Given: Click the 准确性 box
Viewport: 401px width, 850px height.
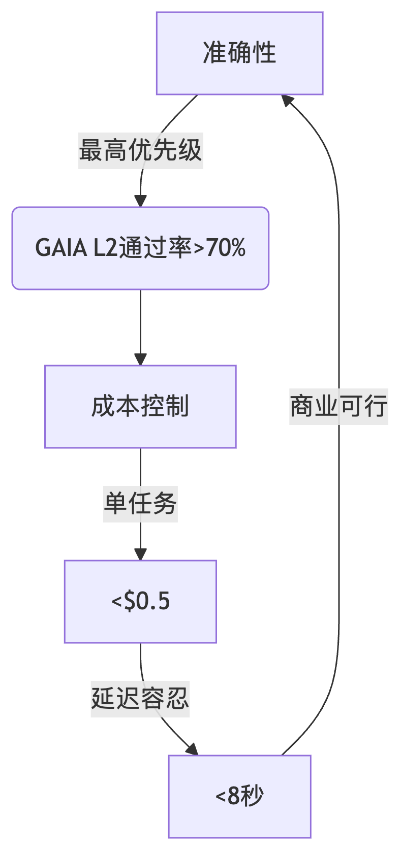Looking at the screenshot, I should [239, 53].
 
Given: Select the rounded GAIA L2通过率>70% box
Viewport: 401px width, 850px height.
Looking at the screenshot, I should [140, 248].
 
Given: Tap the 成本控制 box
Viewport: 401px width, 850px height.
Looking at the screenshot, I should [140, 407].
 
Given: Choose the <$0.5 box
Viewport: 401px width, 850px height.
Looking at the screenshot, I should [140, 602].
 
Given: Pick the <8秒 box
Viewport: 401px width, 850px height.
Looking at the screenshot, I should [239, 796].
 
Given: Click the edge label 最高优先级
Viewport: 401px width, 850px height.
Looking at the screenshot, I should [140, 151].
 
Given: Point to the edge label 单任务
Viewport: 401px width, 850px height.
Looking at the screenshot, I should [140, 504].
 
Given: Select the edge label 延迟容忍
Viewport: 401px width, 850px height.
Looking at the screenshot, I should [140, 699].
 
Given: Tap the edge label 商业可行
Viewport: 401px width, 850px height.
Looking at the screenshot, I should [338, 407].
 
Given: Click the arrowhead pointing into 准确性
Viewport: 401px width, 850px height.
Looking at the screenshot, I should [287, 100].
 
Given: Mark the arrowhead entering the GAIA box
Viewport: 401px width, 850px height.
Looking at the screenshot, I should [140, 201].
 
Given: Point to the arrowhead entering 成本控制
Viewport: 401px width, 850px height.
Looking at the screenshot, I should [140, 359].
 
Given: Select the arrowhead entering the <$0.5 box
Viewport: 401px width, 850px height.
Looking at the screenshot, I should [140, 554].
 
